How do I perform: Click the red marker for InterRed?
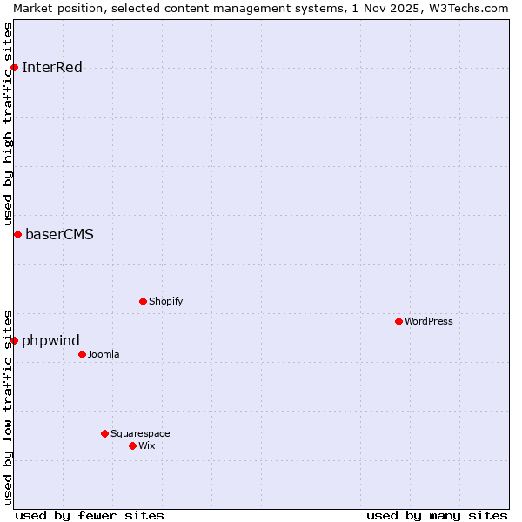15,68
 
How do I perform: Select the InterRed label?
52,68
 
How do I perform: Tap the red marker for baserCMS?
17,234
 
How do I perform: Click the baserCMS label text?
59,234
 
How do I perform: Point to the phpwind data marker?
15,340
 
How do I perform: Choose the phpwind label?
50,340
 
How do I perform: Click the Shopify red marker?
143,301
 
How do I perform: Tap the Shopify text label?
165,301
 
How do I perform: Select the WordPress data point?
398,321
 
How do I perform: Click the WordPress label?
429,321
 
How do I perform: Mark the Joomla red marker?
82,354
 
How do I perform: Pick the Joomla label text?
104,354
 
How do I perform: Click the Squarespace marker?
104,433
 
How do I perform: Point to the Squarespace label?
140,433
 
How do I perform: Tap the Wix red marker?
132,445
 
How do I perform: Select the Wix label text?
147,445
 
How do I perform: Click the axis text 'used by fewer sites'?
90,515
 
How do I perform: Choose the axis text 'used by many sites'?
437,515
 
